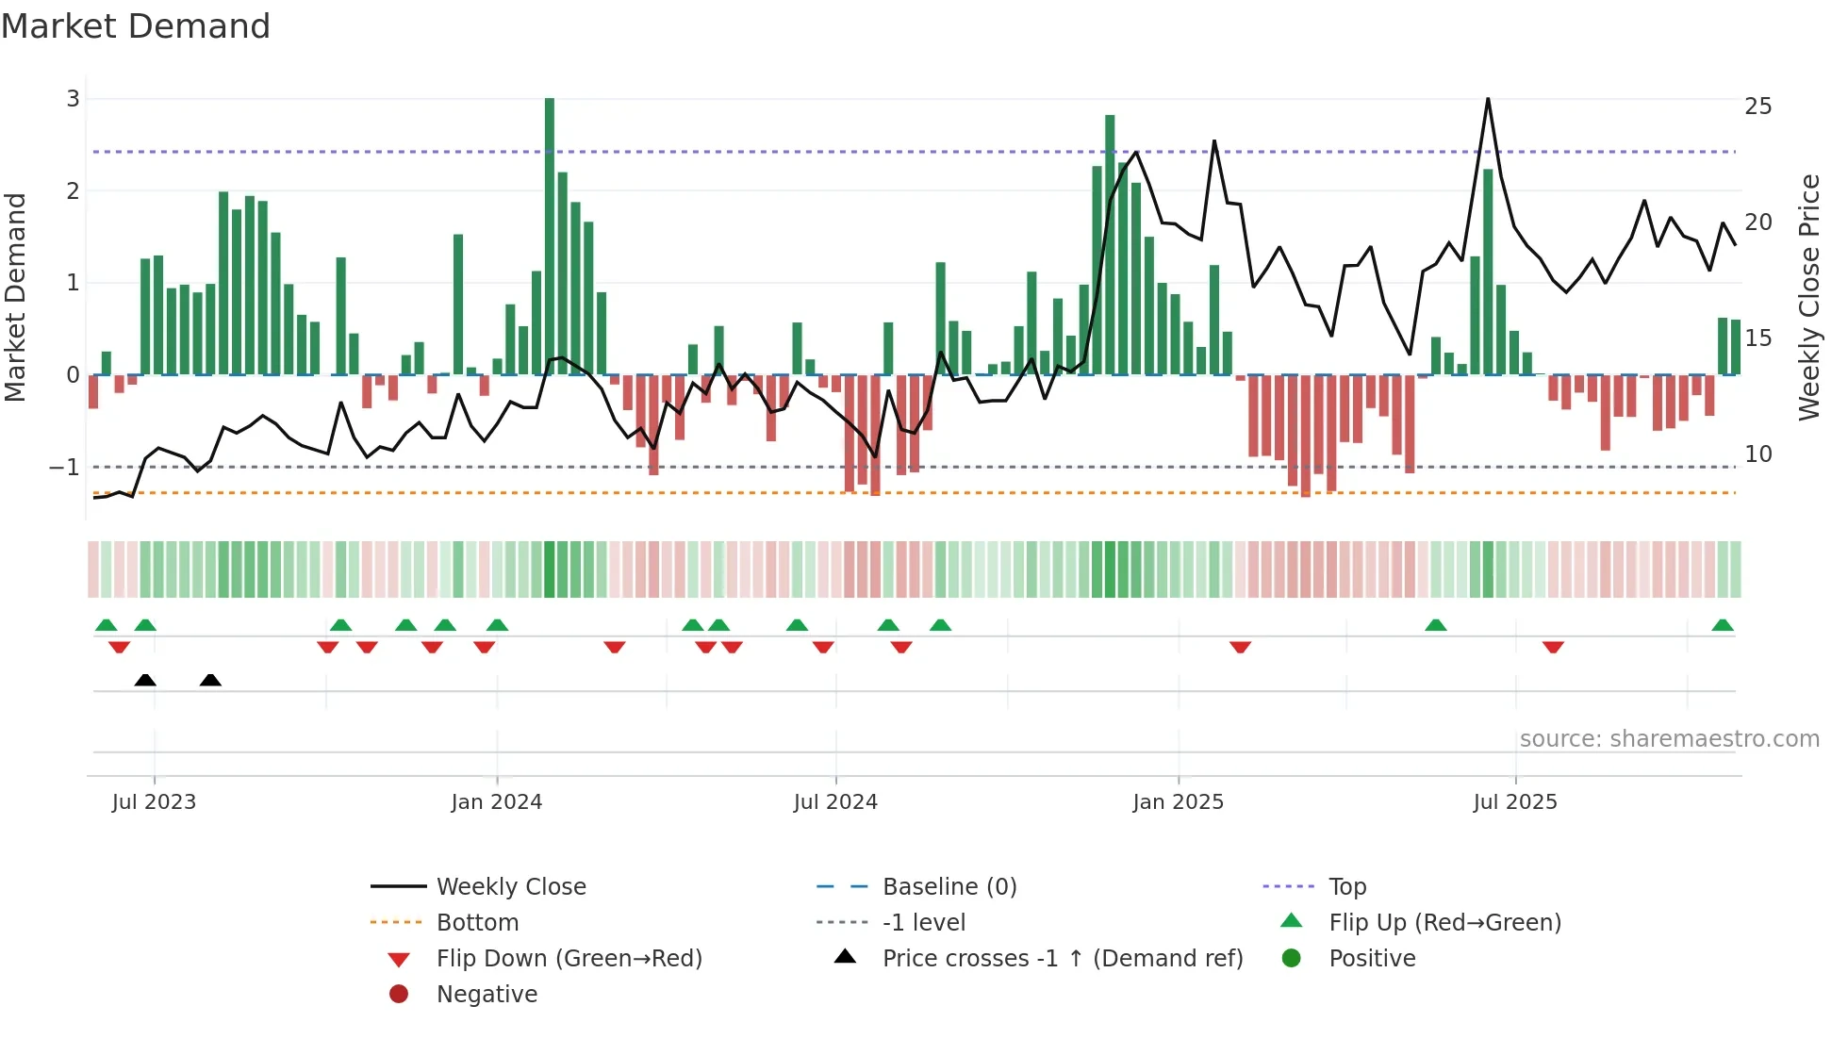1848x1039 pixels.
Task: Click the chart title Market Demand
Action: tap(136, 26)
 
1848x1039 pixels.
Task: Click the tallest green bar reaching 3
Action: tap(550, 236)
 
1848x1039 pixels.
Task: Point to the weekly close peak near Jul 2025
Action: tap(1488, 100)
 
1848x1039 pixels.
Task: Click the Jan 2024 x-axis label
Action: tap(496, 802)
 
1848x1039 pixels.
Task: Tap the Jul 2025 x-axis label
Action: tap(1514, 802)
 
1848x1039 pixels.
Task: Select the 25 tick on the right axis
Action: tap(1757, 107)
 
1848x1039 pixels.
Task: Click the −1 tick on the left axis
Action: tap(64, 468)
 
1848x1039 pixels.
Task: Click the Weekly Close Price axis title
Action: tap(1808, 297)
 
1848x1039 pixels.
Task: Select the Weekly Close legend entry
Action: tap(510, 887)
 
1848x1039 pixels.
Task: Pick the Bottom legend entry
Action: tap(477, 923)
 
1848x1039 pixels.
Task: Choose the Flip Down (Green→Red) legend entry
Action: tap(569, 959)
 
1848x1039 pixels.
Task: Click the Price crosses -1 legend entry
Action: tap(1062, 959)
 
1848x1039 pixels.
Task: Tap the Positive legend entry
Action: tap(1371, 959)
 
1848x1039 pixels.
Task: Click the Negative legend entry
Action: tap(487, 995)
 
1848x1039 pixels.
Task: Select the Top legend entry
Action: tap(1346, 887)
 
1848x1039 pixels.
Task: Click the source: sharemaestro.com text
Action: tap(1669, 739)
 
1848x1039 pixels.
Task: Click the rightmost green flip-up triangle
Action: tap(1723, 625)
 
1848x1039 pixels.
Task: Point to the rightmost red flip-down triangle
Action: tap(1553, 647)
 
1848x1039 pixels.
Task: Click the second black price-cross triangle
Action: tap(210, 680)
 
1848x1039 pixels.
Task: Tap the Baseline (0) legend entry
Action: tap(949, 887)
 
